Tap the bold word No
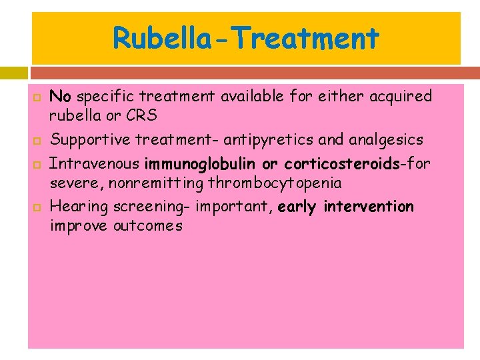pos(60,97)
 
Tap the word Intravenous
pos(95,164)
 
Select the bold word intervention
pos(369,207)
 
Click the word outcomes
pos(147,225)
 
